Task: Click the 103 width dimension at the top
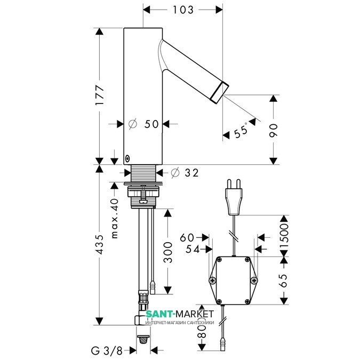[x=183, y=10]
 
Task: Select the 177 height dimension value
[x=100, y=95]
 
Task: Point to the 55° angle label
[x=241, y=131]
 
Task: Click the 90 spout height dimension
[x=273, y=131]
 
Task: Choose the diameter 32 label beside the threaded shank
[x=185, y=173]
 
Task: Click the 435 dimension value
[x=100, y=244]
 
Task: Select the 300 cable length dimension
[x=168, y=252]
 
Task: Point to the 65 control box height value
[x=284, y=281]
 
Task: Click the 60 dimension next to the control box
[x=187, y=238]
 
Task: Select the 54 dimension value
[x=193, y=250]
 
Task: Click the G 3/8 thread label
[x=107, y=350]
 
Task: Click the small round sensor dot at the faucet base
[x=127, y=158]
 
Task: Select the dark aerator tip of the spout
[x=220, y=92]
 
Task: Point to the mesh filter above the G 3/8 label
[x=143, y=339]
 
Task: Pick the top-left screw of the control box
[x=220, y=260]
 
